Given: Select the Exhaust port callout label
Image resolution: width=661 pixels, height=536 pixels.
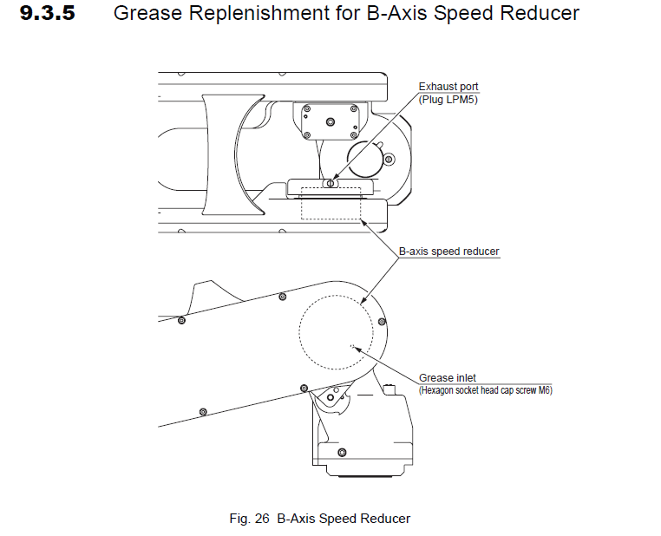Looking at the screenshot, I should [x=448, y=87].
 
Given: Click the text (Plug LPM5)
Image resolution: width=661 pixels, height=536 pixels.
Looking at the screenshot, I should [x=449, y=100].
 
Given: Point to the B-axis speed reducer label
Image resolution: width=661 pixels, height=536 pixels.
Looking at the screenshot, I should [x=448, y=252].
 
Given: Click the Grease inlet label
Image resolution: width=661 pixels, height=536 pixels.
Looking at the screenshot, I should [x=448, y=378].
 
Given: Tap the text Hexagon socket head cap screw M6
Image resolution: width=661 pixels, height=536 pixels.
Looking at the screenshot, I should [x=486, y=390].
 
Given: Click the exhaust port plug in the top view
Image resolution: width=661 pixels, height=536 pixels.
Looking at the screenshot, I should [x=329, y=182].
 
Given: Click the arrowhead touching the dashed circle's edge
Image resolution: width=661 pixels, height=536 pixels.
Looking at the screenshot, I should [x=368, y=303].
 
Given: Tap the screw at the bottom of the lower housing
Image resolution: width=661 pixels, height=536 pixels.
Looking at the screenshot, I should [x=341, y=452].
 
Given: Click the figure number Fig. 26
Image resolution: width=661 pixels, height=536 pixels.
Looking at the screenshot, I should [x=251, y=519].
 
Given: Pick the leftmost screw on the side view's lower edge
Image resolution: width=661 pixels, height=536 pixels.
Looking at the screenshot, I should [x=202, y=411].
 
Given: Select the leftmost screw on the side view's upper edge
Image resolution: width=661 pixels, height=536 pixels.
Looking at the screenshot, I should [x=181, y=321].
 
